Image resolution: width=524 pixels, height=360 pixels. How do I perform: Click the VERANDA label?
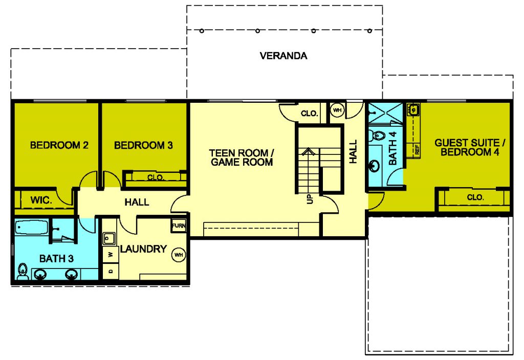(283, 55)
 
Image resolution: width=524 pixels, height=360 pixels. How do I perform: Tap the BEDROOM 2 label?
(59, 145)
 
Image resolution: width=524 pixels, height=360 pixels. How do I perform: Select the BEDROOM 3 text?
(143, 145)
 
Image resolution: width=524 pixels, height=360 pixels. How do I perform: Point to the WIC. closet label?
(41, 200)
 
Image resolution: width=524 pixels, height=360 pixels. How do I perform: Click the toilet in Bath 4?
(377, 136)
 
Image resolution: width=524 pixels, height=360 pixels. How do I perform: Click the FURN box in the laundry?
(179, 226)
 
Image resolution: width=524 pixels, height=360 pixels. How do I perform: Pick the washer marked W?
(111, 255)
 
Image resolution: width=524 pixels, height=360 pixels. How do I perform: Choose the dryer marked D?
(111, 271)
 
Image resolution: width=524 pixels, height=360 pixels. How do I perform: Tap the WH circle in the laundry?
(179, 255)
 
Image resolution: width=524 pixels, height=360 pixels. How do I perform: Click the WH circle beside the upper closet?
(337, 110)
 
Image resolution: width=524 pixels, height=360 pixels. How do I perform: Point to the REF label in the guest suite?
(417, 149)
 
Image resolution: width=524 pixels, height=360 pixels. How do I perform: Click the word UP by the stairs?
(310, 199)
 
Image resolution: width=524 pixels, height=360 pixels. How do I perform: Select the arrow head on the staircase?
(309, 152)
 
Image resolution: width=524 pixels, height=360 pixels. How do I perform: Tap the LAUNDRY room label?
(143, 249)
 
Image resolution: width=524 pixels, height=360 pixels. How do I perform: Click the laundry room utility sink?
(109, 238)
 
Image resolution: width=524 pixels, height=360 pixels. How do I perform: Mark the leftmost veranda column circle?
(202, 31)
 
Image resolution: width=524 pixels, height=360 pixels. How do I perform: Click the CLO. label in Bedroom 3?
(156, 177)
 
